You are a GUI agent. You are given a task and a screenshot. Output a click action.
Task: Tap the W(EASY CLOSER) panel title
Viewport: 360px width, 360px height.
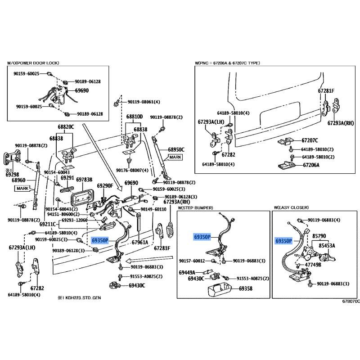click(x=291, y=208)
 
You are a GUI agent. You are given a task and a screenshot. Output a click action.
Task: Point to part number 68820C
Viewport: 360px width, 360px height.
click(x=66, y=127)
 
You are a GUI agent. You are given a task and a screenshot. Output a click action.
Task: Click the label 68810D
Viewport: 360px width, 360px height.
click(x=134, y=117)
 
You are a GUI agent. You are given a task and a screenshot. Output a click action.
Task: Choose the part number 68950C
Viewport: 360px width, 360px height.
click(x=176, y=149)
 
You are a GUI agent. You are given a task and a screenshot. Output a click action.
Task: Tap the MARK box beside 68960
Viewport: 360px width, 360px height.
click(x=22, y=188)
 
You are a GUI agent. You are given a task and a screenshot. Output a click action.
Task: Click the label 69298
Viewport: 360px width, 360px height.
click(x=13, y=174)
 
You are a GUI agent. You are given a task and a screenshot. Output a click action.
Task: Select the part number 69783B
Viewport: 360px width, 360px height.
click(x=84, y=180)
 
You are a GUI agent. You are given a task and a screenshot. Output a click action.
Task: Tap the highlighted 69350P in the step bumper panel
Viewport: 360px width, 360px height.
click(x=202, y=237)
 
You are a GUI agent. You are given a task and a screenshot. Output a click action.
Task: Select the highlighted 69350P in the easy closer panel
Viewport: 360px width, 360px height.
click(x=283, y=241)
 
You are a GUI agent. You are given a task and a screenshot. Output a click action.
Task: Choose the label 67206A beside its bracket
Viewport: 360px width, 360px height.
click(x=311, y=165)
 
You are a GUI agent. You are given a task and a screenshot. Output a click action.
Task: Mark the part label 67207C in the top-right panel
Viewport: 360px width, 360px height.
click(x=310, y=140)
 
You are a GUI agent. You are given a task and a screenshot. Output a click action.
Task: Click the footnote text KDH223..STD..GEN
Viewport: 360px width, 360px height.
click(x=83, y=298)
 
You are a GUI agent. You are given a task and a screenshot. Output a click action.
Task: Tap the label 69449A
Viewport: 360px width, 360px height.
click(x=187, y=272)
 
